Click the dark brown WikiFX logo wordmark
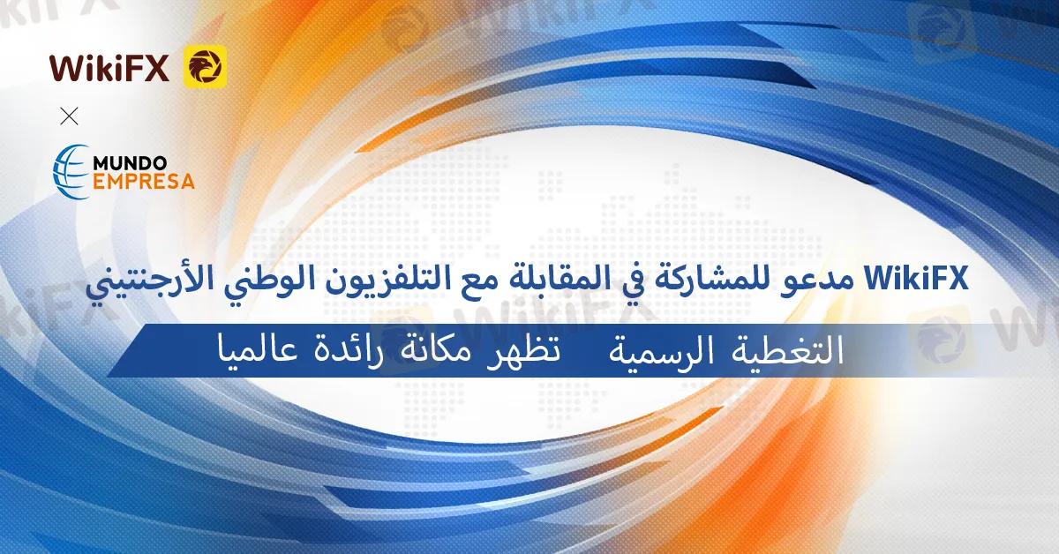tap(109, 68)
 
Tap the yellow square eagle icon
tap(205, 67)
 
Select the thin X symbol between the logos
tap(69, 116)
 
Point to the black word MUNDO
tap(130, 163)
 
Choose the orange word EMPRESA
tap(144, 182)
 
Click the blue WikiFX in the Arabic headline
tap(917, 279)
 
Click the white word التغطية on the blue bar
tap(787, 350)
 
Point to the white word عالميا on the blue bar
tap(258, 351)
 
